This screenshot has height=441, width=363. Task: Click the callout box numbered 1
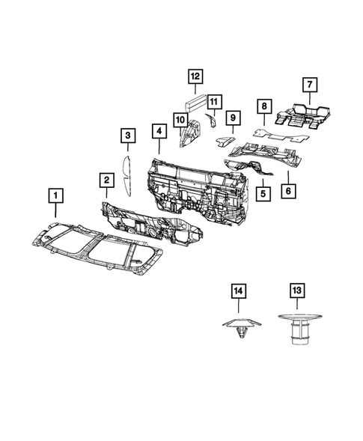pyautogui.click(x=56, y=197)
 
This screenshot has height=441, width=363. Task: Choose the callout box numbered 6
pyautogui.click(x=287, y=192)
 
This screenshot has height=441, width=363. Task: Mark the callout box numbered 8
pyautogui.click(x=264, y=108)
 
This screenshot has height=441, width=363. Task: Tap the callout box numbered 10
pyautogui.click(x=181, y=119)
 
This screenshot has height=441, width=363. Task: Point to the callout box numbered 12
pyautogui.click(x=195, y=76)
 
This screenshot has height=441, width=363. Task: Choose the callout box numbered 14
pyautogui.click(x=239, y=290)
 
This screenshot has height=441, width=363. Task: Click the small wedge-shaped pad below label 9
pyautogui.click(x=224, y=138)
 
